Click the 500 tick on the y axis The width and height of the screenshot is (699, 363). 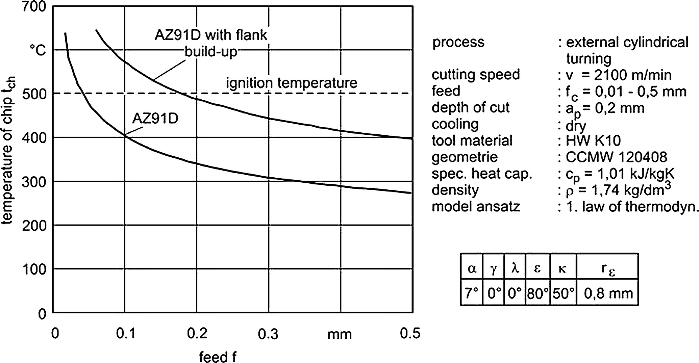click(36, 93)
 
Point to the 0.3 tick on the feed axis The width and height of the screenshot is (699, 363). click(268, 334)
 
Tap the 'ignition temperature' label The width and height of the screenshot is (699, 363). click(292, 83)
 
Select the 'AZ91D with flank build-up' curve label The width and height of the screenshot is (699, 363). click(211, 43)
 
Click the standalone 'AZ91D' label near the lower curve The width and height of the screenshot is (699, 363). click(155, 118)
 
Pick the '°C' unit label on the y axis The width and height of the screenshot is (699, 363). click(37, 50)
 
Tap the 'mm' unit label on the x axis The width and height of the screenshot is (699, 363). click(339, 334)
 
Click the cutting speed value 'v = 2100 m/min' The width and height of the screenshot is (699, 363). click(618, 75)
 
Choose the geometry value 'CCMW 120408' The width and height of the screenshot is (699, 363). click(616, 157)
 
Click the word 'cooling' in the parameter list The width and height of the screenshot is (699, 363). click(455, 124)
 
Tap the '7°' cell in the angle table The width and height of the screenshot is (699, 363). click(471, 293)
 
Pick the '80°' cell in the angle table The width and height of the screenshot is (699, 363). click(537, 293)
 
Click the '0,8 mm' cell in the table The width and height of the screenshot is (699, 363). click(608, 293)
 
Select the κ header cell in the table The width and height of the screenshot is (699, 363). click(562, 269)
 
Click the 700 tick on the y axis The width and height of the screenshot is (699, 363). click(36, 7)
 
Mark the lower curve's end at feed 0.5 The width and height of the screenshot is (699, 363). click(411, 193)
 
